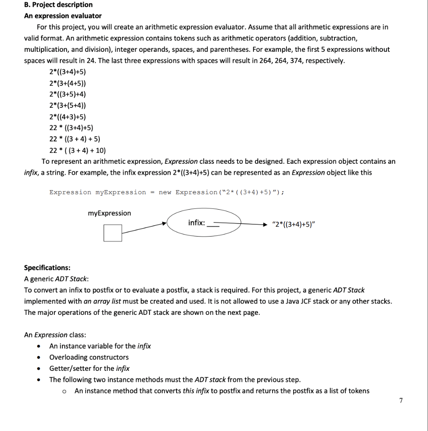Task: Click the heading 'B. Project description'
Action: pos(58,5)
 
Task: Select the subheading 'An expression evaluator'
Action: pos(63,16)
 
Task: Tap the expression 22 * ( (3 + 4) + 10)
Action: pos(78,150)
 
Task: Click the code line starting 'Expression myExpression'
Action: pos(167,192)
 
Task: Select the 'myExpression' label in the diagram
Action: pos(109,213)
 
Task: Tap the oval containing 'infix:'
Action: pos(204,223)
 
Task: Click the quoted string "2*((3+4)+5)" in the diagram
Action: pos(294,223)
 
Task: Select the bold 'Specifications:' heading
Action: pos(47,268)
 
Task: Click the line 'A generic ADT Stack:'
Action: pos(56,279)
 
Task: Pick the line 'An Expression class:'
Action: pos(55,335)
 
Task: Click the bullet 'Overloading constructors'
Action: pos(89,357)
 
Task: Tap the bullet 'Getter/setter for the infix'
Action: pos(89,368)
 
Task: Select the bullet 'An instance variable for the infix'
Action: pos(100,346)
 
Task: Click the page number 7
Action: pos(401,400)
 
